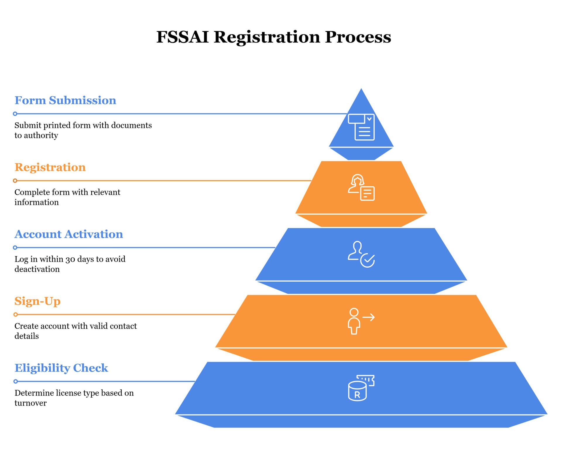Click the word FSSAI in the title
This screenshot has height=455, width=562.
(x=182, y=37)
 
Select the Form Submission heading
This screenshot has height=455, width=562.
(x=65, y=100)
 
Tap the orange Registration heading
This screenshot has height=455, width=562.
(x=50, y=167)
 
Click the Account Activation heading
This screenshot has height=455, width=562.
(x=69, y=234)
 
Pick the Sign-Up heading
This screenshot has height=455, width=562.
(x=37, y=301)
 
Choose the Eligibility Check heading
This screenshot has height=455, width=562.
(x=61, y=368)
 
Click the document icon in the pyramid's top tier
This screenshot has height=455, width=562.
(x=361, y=127)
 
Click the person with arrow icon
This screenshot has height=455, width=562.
(x=361, y=321)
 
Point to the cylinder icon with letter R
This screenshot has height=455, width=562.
(x=361, y=388)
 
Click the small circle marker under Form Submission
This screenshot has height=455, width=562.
(x=15, y=114)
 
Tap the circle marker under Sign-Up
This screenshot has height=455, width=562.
(x=16, y=314)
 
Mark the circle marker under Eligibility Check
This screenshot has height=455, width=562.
(x=16, y=381)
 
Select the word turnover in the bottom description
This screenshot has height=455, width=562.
(x=30, y=403)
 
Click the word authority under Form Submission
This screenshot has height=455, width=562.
(x=41, y=136)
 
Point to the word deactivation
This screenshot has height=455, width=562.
(x=37, y=269)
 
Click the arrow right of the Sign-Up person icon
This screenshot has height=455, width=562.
(x=369, y=317)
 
